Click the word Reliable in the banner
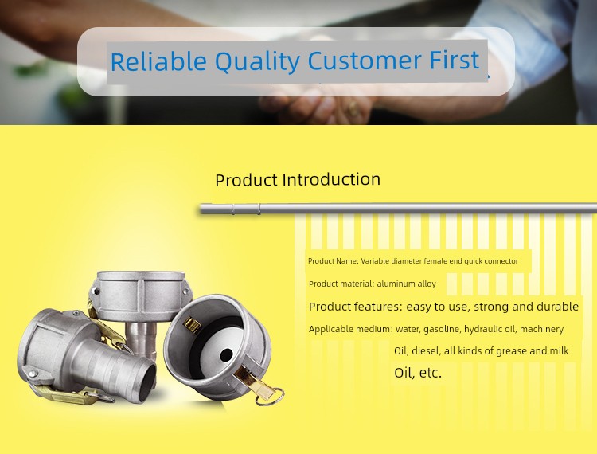(158, 61)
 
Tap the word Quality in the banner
(258, 61)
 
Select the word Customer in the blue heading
(365, 61)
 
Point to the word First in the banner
(455, 61)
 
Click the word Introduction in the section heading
(331, 179)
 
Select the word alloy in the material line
(426, 284)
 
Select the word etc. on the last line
(430, 373)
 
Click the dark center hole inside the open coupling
(226, 355)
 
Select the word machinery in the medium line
(542, 330)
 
